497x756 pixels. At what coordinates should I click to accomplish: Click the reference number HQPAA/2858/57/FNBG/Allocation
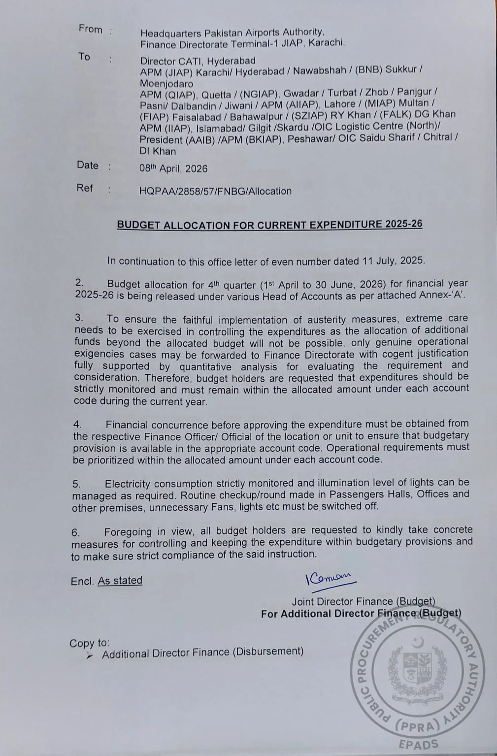[215, 191]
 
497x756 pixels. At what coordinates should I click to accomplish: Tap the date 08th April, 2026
[173, 168]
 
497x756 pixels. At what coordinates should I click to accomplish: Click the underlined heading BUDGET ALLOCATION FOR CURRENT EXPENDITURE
[269, 225]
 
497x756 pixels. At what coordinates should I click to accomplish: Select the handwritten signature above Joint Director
[329, 578]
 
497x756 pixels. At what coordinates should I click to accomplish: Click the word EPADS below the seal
[418, 744]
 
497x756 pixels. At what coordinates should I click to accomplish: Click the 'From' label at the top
[90, 29]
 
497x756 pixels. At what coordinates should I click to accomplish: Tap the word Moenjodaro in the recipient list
[166, 84]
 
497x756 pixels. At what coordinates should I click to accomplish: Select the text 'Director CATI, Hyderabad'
[198, 61]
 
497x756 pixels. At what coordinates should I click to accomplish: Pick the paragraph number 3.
[79, 318]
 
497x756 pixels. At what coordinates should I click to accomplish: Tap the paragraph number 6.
[75, 532]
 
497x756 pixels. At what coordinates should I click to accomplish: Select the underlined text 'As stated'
[120, 581]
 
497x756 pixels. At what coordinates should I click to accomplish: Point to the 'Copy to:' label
[89, 643]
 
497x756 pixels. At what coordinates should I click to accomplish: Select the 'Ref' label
[84, 188]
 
